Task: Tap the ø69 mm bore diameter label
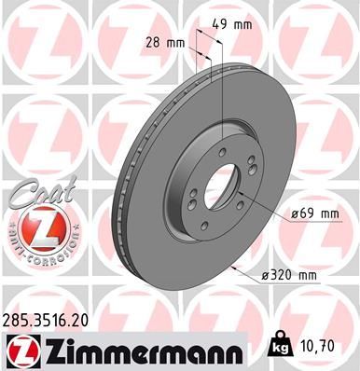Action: click(x=315, y=213)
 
